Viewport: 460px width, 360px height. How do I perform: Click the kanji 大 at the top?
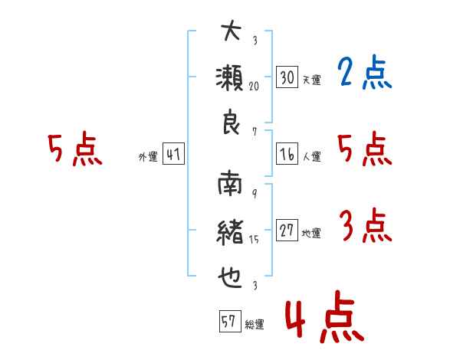(232, 33)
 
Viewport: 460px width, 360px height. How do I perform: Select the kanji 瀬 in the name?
(232, 78)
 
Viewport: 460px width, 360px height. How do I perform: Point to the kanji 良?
(232, 123)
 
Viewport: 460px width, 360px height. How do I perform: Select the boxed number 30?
(287, 77)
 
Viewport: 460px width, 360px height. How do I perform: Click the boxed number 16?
(287, 154)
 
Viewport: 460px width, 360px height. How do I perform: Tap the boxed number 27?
(287, 231)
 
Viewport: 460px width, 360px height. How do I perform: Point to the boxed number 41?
(173, 155)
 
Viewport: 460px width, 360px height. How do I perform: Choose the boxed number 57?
(228, 322)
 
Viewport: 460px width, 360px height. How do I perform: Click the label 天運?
(311, 80)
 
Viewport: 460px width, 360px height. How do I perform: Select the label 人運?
(311, 157)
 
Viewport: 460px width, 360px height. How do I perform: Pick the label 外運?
(148, 157)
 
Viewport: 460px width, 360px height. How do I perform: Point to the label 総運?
(254, 325)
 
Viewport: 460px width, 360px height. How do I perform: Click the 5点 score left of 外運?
(74, 150)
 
